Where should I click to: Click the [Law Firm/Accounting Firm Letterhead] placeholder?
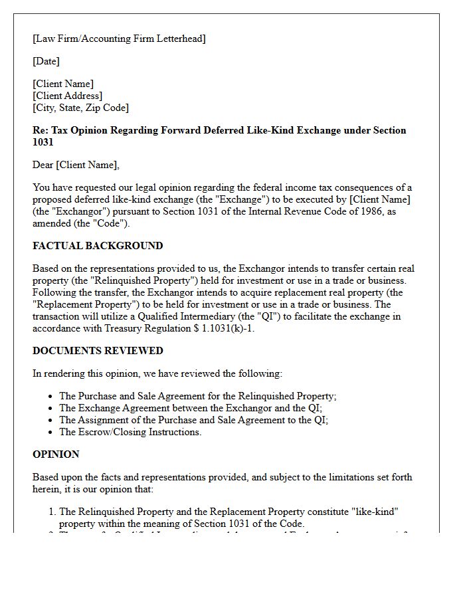(119, 39)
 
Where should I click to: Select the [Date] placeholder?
(46, 61)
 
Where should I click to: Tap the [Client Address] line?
(67, 96)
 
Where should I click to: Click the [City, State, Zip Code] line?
(80, 108)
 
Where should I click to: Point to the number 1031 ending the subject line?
(43, 142)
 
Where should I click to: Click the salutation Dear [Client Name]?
(76, 165)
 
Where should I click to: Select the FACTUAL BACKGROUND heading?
(98, 246)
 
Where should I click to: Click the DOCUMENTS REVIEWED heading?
(98, 351)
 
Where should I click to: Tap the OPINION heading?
(56, 454)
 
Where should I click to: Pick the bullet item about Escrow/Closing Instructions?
(130, 432)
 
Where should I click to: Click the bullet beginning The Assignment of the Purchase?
(194, 420)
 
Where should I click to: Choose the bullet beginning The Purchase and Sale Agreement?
(198, 396)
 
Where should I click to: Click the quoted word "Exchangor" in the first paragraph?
(78, 211)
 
